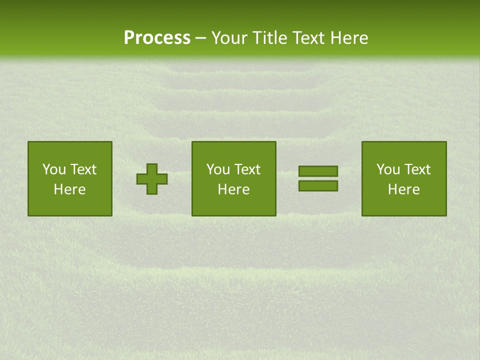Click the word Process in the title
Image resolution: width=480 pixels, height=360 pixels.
157,38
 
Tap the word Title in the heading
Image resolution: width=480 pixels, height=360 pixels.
269,38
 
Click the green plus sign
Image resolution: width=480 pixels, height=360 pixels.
152,179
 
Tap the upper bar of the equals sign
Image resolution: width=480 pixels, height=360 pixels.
318,171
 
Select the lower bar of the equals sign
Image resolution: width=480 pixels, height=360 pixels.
318,186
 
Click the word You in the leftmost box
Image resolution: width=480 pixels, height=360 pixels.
54,169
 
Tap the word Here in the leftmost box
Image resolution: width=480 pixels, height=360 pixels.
69,189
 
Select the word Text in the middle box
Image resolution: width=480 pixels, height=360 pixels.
246,169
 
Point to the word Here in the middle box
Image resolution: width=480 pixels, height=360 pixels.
233,189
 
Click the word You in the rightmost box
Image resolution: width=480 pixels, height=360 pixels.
388,169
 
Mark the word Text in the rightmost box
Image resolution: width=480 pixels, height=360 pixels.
416,169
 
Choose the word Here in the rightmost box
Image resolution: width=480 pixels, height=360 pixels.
403,189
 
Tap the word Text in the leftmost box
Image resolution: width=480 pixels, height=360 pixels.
82,169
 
